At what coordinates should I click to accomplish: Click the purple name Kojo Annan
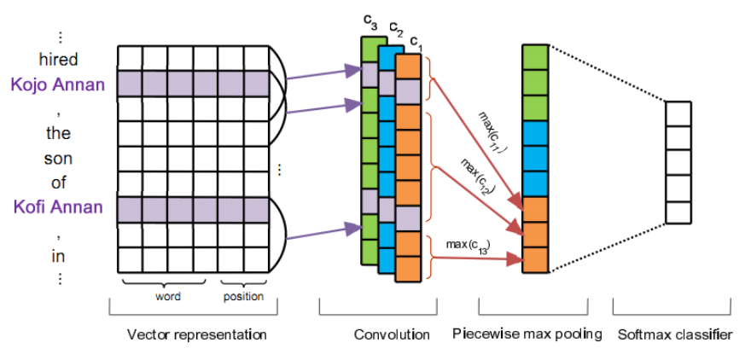point(58,84)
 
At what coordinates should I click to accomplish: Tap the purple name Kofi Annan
point(58,206)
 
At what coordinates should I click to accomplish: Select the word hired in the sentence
point(58,60)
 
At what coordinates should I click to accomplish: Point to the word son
point(58,158)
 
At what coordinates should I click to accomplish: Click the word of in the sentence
point(58,183)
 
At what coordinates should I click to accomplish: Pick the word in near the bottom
point(58,255)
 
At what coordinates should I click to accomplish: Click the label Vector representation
point(196,334)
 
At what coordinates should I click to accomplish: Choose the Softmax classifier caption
point(674,334)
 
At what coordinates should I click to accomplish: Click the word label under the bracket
point(167,297)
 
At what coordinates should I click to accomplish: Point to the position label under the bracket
point(243,297)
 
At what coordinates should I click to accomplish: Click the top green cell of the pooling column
point(534,56)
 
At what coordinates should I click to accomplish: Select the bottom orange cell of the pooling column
point(534,259)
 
